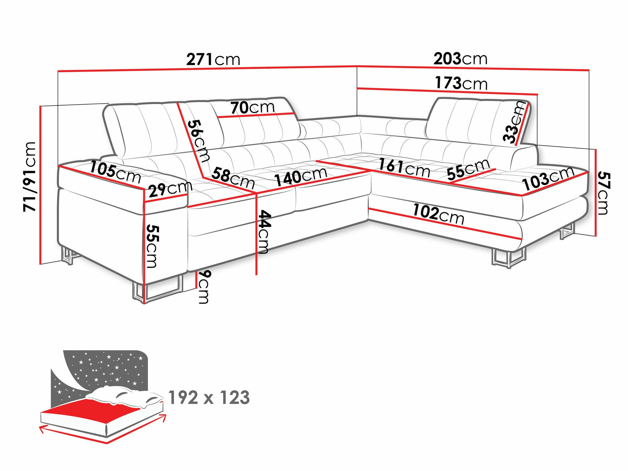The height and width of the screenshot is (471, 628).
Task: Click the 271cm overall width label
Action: (x=213, y=59)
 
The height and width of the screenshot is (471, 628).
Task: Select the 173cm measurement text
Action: (x=461, y=83)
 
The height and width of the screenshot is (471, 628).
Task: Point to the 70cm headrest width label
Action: (x=252, y=107)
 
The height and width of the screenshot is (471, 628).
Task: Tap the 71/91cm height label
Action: (x=30, y=176)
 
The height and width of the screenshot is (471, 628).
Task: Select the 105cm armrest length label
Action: (x=115, y=172)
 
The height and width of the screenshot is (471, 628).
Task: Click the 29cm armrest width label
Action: (x=170, y=189)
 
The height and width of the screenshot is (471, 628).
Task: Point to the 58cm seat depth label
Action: (x=233, y=178)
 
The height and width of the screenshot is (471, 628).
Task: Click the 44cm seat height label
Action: (x=264, y=232)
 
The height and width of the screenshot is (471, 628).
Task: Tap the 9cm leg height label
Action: (x=204, y=287)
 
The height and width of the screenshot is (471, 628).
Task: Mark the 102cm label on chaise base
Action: (x=438, y=214)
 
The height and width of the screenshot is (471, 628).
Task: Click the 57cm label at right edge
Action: (x=604, y=193)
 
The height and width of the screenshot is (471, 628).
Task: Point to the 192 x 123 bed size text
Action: (x=209, y=398)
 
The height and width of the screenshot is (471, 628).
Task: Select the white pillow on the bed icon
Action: (x=126, y=396)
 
